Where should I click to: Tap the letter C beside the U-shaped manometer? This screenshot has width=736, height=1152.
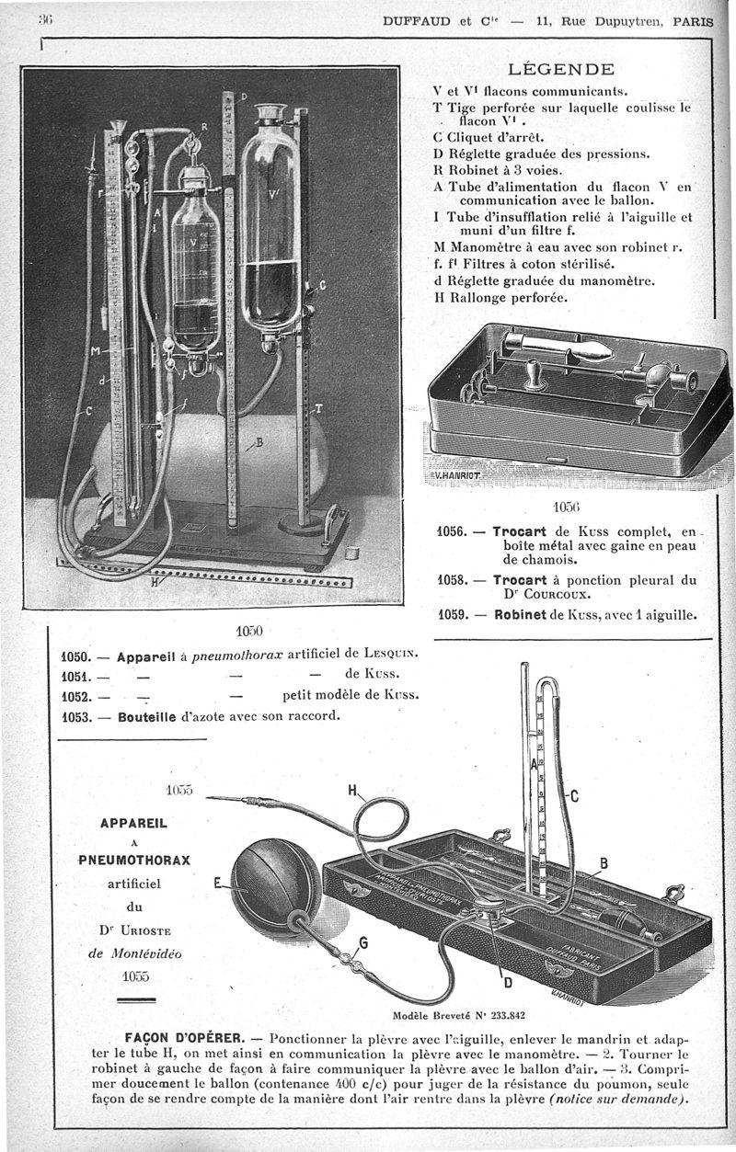coord(573,796)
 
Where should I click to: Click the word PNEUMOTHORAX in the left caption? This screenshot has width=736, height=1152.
coord(134,861)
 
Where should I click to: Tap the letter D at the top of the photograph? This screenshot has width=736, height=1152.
coord(245,95)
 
